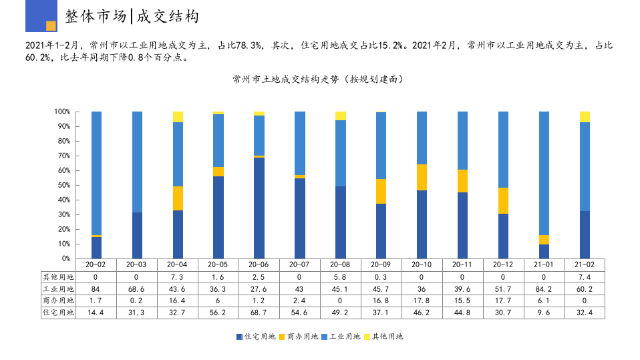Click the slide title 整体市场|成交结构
132,17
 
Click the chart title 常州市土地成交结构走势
318,79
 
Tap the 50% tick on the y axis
62,185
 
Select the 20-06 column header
259,264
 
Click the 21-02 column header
585,264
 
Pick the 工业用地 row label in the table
59,289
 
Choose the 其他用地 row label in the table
59,277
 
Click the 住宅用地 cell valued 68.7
259,313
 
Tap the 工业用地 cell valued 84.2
544,289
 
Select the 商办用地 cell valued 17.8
422,301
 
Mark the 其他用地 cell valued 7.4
585,277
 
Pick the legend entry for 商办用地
299,337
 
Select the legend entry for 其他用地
384,337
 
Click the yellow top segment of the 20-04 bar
178,117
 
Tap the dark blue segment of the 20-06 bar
259,208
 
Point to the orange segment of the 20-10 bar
422,177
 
